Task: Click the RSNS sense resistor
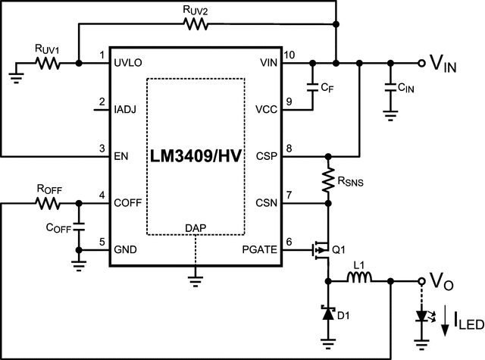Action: pos(328,180)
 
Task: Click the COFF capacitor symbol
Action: pos(78,227)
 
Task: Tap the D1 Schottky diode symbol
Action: pos(328,313)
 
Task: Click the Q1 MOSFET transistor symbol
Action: pos(322,249)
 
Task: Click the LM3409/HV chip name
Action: pos(196,157)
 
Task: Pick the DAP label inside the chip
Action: pos(195,228)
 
